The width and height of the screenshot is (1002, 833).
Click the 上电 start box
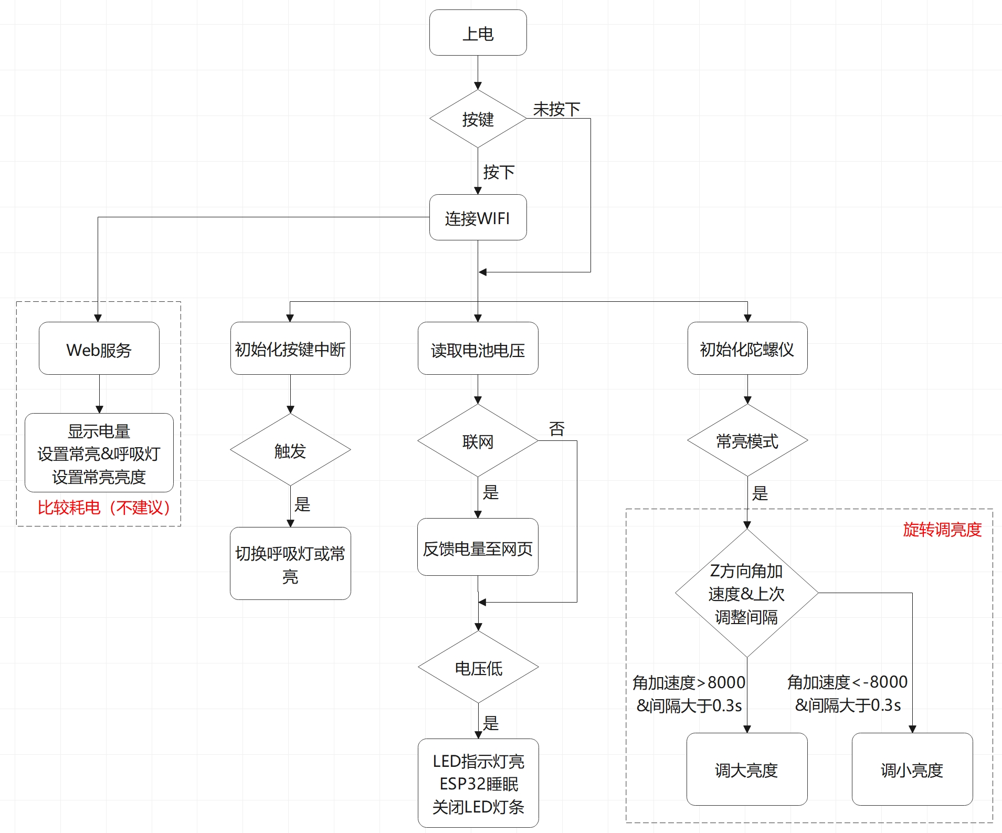[478, 33]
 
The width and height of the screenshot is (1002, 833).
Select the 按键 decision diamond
[478, 119]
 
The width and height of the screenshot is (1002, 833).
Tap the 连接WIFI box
[478, 217]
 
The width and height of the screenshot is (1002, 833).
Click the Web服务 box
[99, 349]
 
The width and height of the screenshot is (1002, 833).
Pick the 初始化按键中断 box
[290, 349]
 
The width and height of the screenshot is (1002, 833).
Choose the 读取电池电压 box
[478, 349]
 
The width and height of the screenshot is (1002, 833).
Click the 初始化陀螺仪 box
[747, 349]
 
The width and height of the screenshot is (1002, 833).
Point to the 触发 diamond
[290, 450]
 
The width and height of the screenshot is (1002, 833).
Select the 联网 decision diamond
[478, 440]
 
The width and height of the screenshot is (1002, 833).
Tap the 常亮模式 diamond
[747, 440]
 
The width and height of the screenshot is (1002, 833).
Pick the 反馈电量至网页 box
[478, 547]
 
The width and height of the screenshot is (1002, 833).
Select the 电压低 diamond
[478, 667]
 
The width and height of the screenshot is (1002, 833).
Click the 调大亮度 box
[747, 769]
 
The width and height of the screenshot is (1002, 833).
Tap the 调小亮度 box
[912, 769]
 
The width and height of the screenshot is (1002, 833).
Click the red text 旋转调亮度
[942, 530]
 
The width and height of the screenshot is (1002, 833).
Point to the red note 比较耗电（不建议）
[104, 508]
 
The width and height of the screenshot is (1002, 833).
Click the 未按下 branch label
[557, 109]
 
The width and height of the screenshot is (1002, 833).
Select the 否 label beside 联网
[557, 429]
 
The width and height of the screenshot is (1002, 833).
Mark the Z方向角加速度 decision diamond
[747, 593]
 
